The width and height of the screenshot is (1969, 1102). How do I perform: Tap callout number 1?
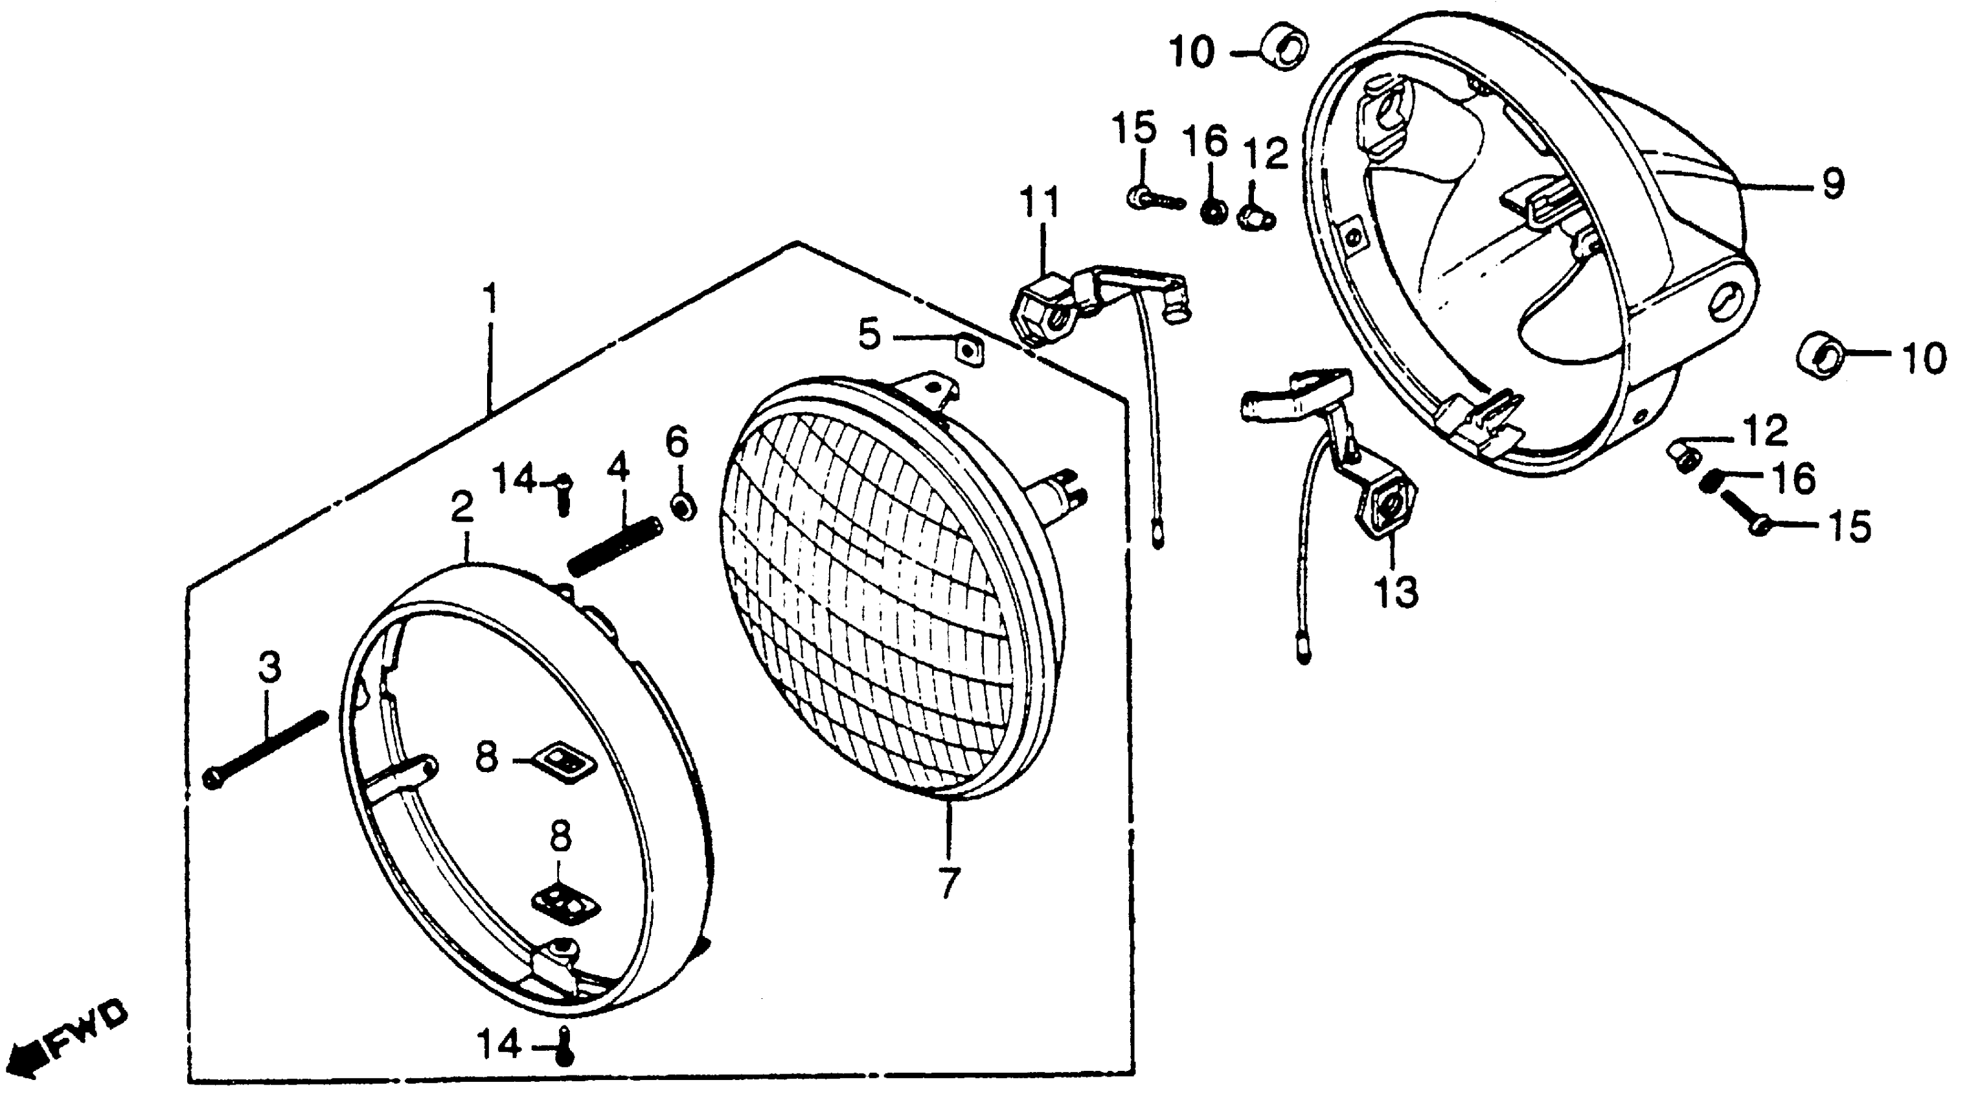coord(489,301)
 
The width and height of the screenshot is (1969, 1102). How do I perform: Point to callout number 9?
coord(1833,184)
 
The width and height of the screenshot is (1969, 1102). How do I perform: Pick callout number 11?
coord(1040,204)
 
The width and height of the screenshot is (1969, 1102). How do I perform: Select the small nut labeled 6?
coord(683,507)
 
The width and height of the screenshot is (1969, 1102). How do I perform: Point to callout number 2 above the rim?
coord(462,507)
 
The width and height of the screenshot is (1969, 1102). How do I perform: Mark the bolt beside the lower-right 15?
coord(1744,511)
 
